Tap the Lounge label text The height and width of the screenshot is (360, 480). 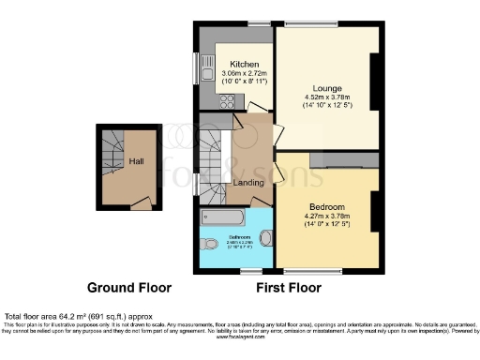click(327, 87)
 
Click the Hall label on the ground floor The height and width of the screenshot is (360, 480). click(135, 161)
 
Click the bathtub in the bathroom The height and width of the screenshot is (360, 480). click(224, 220)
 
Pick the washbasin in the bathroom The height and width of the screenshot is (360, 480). click(268, 239)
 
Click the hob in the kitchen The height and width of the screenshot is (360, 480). click(224, 101)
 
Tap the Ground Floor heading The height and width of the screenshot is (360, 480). click(127, 287)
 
